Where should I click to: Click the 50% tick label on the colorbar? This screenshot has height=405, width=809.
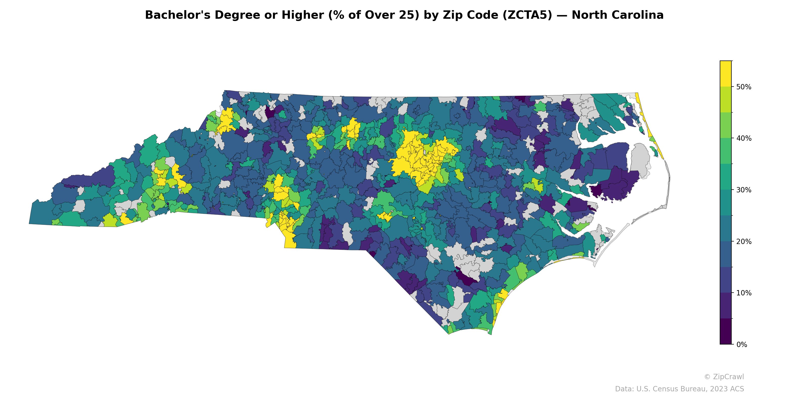743,87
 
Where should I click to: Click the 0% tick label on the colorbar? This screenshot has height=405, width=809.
741,345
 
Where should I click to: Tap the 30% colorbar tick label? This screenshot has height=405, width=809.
743,190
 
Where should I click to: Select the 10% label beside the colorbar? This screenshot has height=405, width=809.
743,293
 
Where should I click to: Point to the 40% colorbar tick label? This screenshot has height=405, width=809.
743,138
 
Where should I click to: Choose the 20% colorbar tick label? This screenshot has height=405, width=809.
743,241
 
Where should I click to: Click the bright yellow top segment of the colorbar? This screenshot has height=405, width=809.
726,73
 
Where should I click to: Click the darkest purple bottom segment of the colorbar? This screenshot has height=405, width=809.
726,332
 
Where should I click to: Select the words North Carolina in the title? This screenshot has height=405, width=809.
617,15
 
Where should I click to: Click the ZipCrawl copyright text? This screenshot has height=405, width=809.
724,377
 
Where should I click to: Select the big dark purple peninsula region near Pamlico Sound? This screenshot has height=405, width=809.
619,186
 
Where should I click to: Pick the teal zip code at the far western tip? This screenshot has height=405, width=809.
41,215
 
